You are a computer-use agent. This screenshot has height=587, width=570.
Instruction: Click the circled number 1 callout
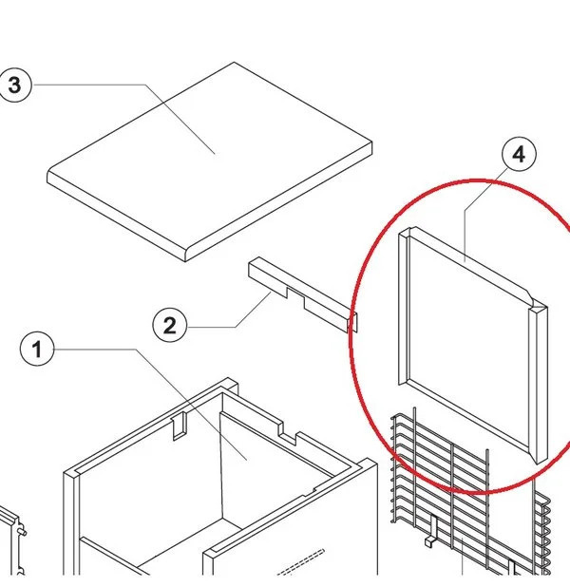click(x=37, y=350)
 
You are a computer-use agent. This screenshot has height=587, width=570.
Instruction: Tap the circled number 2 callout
click(x=169, y=326)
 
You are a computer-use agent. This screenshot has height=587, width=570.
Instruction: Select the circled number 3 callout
click(x=15, y=85)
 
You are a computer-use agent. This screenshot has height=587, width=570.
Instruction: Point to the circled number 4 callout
click(x=519, y=154)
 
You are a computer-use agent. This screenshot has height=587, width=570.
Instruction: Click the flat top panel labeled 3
click(x=210, y=161)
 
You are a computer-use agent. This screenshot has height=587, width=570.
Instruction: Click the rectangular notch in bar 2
click(x=295, y=295)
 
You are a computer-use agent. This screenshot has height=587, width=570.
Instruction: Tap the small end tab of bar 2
click(x=352, y=322)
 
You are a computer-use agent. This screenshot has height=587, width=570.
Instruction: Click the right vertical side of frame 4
click(x=539, y=384)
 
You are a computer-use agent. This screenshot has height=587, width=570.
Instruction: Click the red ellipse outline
click(x=352, y=337)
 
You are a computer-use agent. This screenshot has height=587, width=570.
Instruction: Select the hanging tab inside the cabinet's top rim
click(x=179, y=426)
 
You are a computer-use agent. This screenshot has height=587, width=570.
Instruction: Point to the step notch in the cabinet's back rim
click(x=289, y=434)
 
